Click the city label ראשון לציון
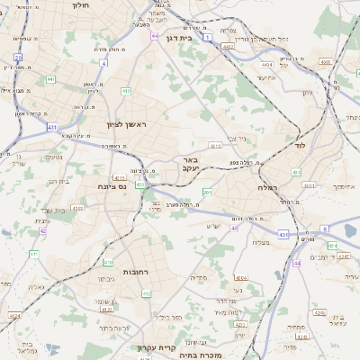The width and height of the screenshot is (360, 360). (141, 123)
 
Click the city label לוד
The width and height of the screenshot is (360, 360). (301, 145)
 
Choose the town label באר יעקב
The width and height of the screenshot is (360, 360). (184, 164)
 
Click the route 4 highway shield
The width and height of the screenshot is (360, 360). (103, 63)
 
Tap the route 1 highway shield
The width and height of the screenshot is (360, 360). (208, 38)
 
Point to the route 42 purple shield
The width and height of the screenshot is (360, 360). (42, 230)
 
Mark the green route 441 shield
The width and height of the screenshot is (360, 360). (51, 79)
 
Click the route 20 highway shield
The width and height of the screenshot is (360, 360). (18, 57)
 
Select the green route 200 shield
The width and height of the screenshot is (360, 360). (207, 192)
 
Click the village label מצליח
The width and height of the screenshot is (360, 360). (261, 241)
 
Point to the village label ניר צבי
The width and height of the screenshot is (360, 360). (238, 138)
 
